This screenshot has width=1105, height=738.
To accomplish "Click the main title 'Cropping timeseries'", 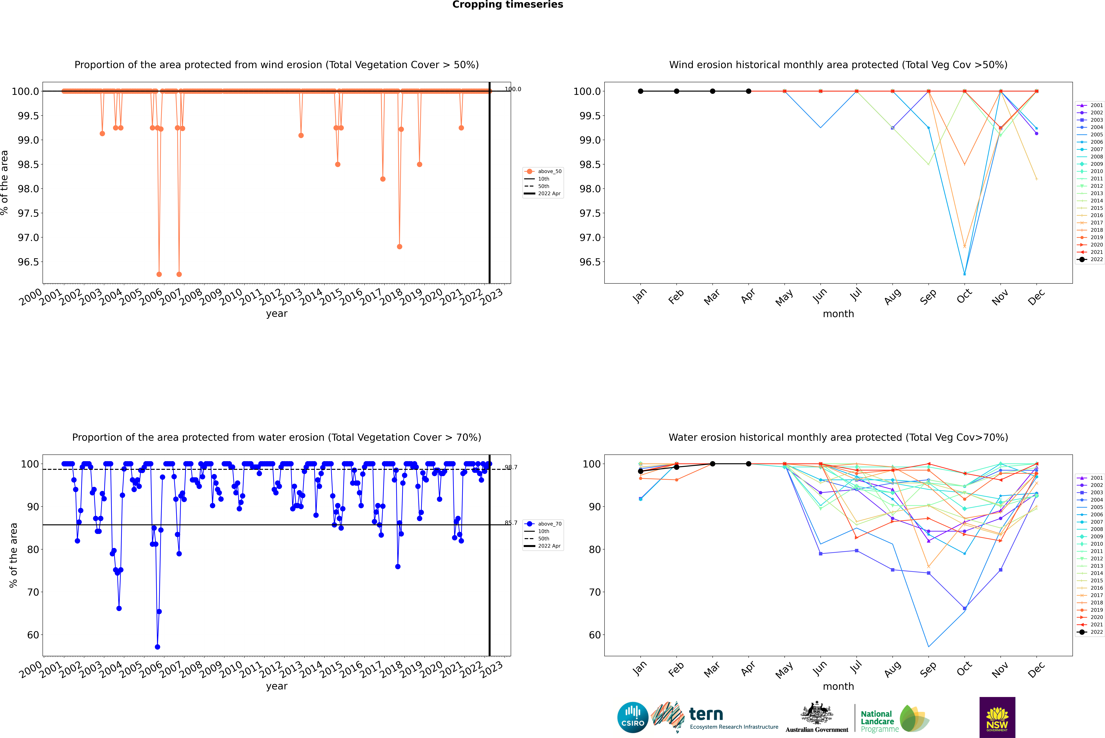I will [507, 5].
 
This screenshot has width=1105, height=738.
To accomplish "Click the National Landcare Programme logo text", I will [877, 721].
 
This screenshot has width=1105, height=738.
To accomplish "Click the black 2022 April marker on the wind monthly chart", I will [748, 91].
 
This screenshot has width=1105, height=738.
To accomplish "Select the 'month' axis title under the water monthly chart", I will [838, 686].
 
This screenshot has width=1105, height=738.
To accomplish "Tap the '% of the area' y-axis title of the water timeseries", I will [13, 555].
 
